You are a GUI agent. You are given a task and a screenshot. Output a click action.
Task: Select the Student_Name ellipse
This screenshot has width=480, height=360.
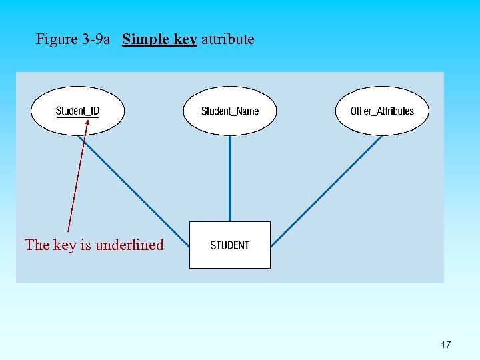(230, 111)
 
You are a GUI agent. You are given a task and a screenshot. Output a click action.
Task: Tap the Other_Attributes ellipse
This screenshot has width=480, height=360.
(382, 111)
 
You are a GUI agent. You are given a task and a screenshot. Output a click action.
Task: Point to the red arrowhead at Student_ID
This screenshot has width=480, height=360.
(87, 123)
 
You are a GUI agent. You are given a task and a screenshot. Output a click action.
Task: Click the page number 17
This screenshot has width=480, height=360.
(446, 345)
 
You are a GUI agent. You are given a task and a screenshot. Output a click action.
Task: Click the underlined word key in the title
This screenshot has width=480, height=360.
(185, 39)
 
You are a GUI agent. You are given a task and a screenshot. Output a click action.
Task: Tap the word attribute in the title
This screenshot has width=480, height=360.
(227, 39)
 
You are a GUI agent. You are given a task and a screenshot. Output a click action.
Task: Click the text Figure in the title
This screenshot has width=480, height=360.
(57, 39)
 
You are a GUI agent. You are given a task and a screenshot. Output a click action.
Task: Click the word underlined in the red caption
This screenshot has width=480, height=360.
(129, 245)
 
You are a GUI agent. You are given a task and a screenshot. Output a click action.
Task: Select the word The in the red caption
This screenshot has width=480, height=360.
(37, 245)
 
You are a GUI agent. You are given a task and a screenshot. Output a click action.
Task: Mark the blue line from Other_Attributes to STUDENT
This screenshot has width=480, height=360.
(327, 190)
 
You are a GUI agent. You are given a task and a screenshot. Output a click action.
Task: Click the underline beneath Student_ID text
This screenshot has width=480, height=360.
(77, 117)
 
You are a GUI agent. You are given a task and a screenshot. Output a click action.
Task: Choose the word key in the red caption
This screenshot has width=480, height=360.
(65, 245)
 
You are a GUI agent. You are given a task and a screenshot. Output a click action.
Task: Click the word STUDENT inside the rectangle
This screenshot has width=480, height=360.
(230, 245)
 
